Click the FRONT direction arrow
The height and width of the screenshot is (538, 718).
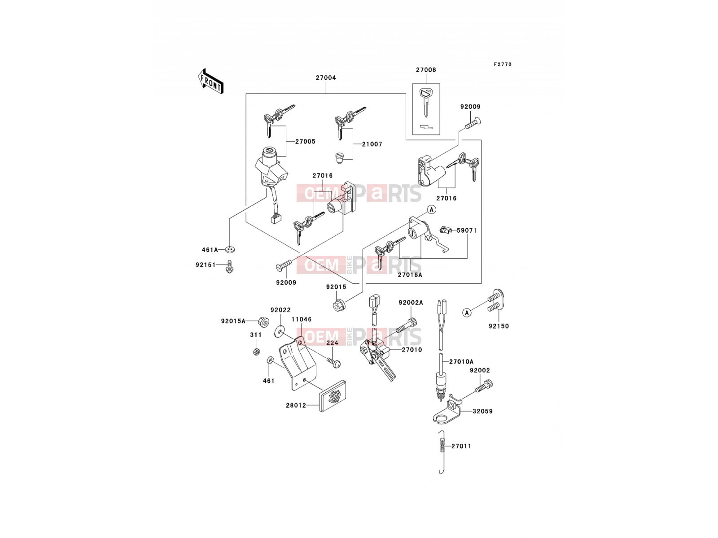coord(210,82)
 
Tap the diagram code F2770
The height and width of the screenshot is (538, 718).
coord(503,65)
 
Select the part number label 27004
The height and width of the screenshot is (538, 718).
coord(326,78)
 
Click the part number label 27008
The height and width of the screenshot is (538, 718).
coord(426,69)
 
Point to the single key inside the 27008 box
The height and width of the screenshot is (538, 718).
coord(426,102)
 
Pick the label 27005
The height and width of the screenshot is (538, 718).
coord(305,141)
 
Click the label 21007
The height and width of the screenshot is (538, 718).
coord(372,144)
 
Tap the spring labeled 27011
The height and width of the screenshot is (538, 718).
coord(442,452)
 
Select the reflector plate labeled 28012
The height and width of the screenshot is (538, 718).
coord(333,395)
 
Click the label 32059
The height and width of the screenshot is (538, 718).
coord(482,411)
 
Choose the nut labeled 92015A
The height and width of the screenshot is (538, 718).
coord(264,322)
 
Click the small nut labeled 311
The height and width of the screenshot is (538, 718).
coord(257,351)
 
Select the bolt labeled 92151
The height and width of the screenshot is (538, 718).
coord(229,267)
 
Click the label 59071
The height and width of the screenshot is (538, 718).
coord(467,230)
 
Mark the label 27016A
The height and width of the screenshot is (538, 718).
coord(410,275)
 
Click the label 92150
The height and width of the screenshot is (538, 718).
coord(499,326)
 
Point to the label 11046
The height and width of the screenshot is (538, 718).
coord(302,319)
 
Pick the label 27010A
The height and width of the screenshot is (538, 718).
coord(461,362)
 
